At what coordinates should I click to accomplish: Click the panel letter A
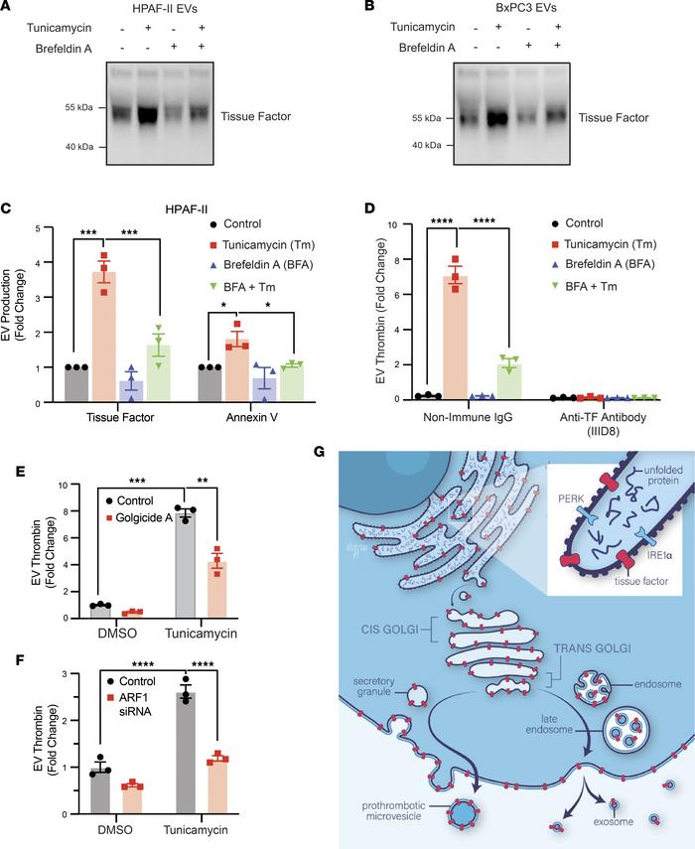[7, 8]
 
